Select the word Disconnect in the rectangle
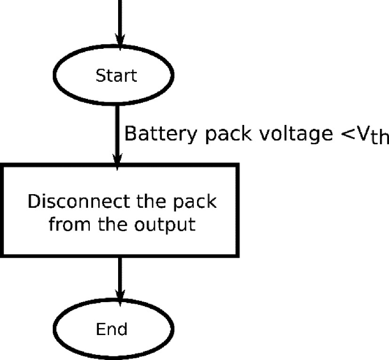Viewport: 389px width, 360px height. point(68,202)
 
